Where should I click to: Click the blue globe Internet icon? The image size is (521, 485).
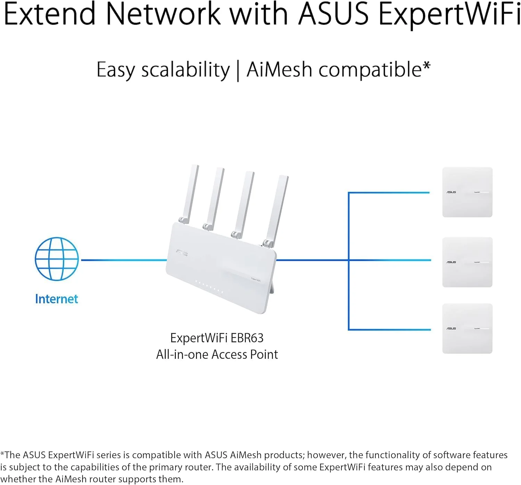coord(57,259)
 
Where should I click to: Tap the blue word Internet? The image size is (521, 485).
coord(57,299)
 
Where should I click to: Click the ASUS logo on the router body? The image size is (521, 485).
coord(182,253)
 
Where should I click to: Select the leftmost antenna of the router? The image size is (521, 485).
coord(191,193)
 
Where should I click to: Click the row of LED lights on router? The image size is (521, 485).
coord(209,287)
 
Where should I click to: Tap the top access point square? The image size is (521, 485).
coord(467,192)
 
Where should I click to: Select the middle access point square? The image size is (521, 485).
coord(467,262)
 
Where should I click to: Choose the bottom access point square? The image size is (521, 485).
coord(467,328)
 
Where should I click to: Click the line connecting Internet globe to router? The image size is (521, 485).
coord(123,260)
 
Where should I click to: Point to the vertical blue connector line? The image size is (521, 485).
coord(348,261)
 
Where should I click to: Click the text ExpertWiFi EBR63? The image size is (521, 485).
coord(217,338)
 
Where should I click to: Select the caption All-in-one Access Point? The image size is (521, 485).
coord(217,354)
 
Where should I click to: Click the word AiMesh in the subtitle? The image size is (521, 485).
coord(279,69)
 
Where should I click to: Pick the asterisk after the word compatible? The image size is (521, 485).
coord(427,66)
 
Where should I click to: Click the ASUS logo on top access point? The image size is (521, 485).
coord(451,192)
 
